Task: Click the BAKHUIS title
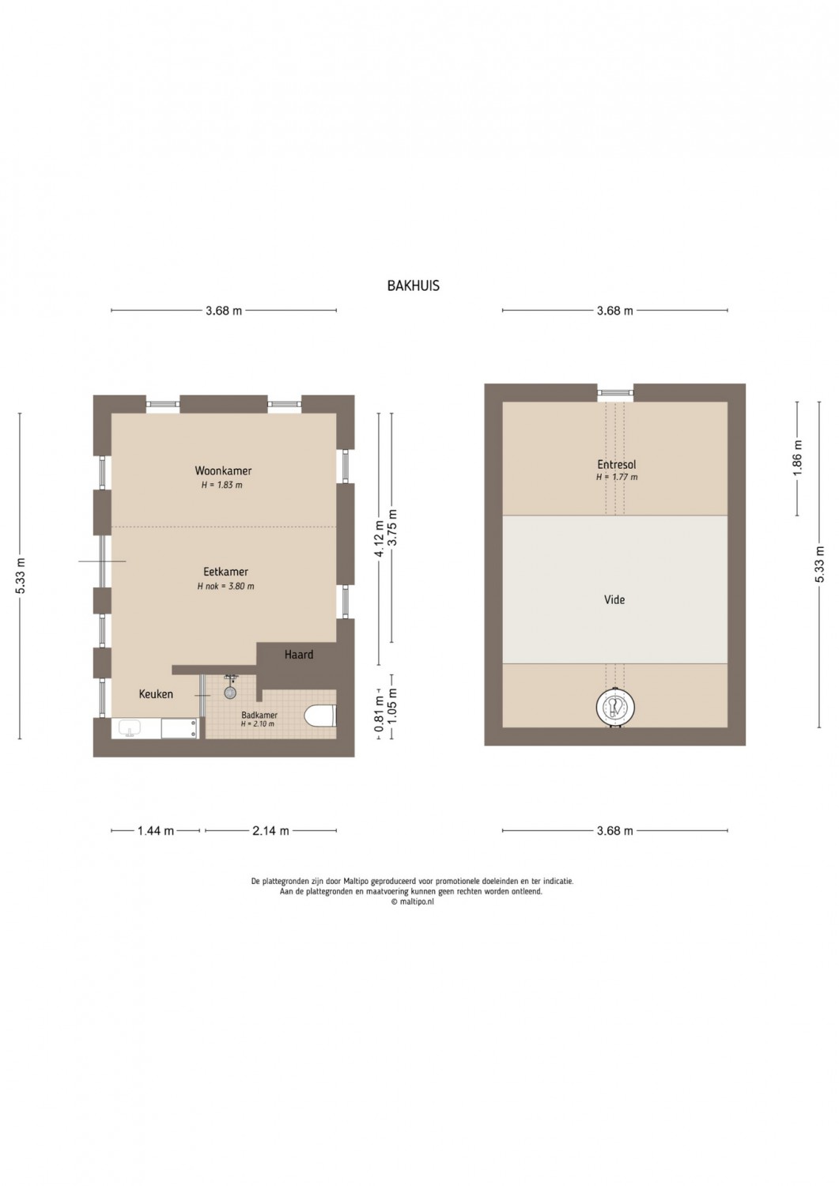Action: coord(413,286)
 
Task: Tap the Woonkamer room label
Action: coord(223,470)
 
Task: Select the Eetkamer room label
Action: coord(225,572)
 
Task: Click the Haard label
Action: coord(299,655)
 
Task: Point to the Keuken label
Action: coord(156,693)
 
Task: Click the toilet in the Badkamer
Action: coord(320,716)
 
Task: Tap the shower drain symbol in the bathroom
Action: coord(230,692)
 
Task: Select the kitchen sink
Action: coord(129,728)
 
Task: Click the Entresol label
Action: coord(617,464)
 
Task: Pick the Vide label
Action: coord(614,599)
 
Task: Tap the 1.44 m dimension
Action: coord(156,831)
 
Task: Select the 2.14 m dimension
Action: coord(270,831)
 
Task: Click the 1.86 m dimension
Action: coord(797,458)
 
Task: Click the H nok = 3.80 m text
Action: coord(225,586)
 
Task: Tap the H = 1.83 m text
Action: coord(221,485)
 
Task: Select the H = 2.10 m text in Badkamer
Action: coord(258,723)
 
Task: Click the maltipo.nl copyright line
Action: coord(412,902)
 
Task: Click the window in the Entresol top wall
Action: coord(615,392)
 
